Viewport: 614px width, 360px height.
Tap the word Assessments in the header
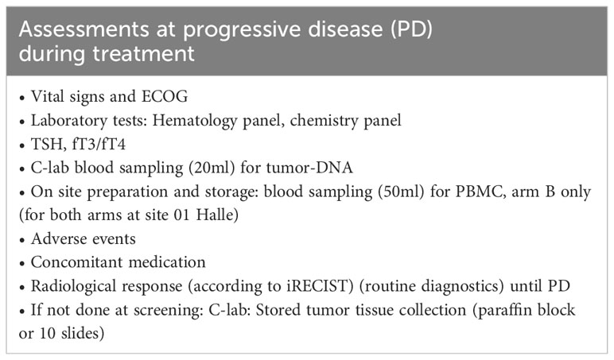click(x=84, y=29)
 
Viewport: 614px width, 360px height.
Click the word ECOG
click(x=165, y=96)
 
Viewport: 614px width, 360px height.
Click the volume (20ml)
click(x=212, y=168)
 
